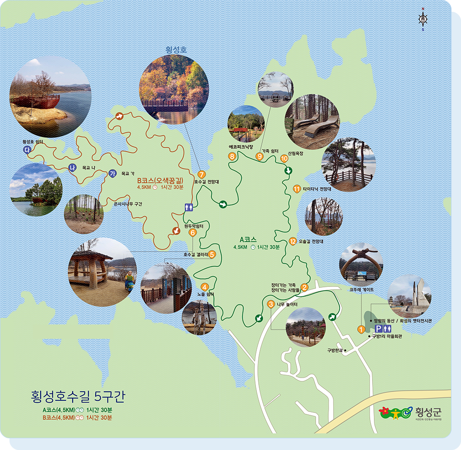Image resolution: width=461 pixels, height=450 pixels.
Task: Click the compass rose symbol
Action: click(x=423, y=19)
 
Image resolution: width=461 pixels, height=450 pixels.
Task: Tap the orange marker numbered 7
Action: click(x=201, y=174)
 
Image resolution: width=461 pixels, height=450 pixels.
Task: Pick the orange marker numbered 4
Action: click(x=205, y=286)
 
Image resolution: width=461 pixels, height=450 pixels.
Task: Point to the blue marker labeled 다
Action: click(x=26, y=149)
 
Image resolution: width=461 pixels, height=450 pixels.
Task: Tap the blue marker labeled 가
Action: click(x=112, y=173)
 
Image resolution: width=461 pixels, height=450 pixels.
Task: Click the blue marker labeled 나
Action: click(x=71, y=168)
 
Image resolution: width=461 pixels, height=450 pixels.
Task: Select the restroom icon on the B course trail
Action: click(x=189, y=207)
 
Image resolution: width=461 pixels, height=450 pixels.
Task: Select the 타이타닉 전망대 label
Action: click(x=317, y=189)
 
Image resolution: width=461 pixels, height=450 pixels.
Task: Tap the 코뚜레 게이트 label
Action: click(x=361, y=289)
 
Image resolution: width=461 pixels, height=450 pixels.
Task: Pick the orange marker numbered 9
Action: click(x=259, y=156)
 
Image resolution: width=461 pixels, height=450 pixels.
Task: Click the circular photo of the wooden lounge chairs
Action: click(x=312, y=121)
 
